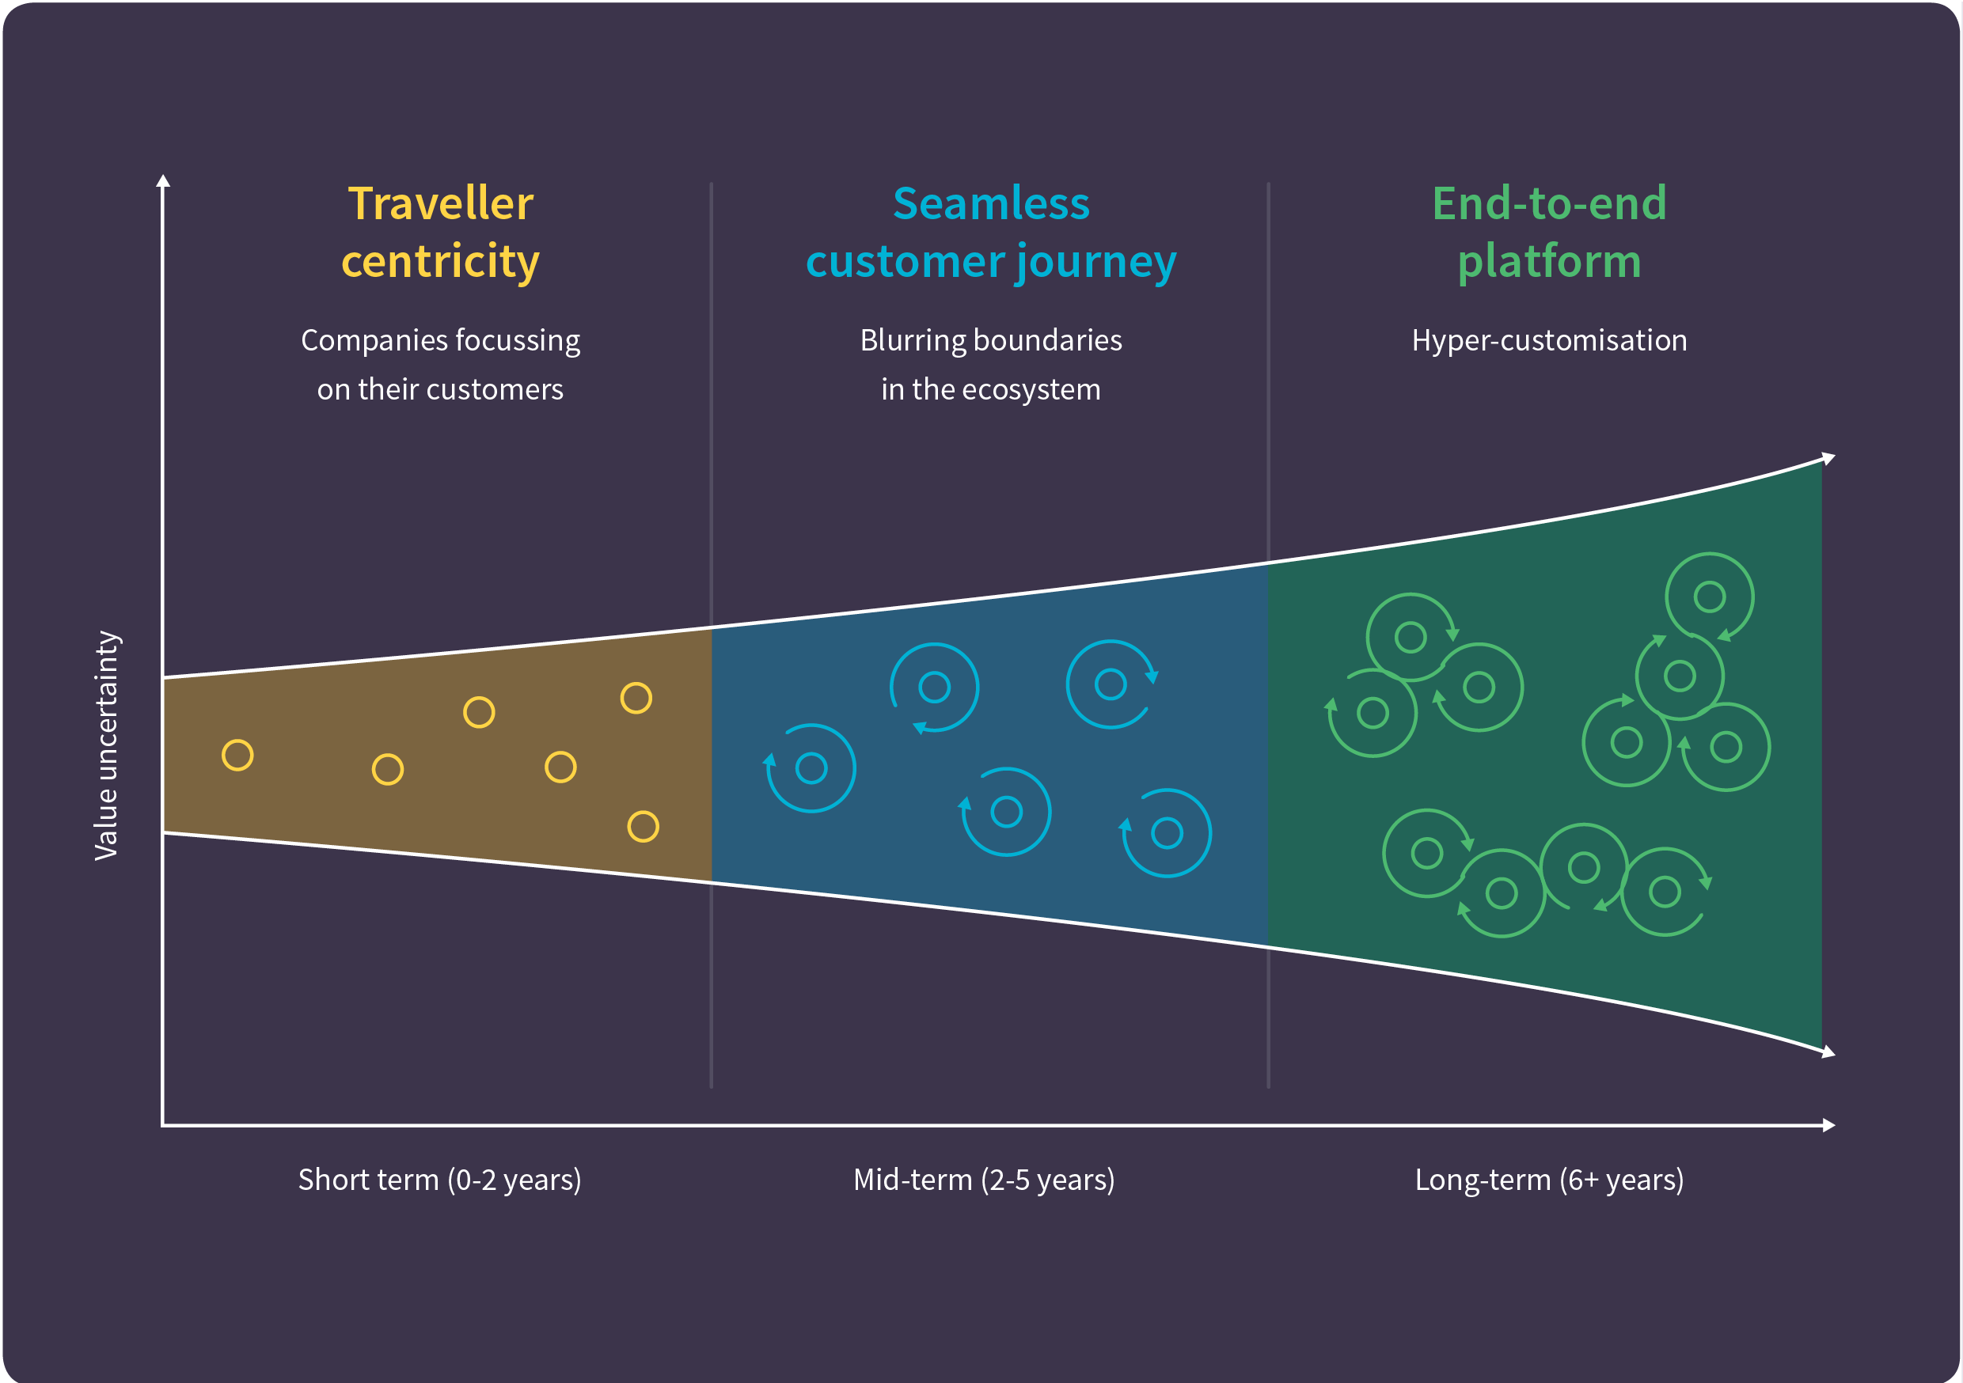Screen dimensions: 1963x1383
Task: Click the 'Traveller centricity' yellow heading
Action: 440,233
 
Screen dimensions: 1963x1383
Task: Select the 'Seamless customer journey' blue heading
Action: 991,233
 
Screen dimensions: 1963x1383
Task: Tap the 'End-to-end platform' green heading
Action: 1549,233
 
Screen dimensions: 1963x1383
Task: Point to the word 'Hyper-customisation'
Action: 1549,340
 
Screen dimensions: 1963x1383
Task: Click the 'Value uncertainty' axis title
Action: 106,745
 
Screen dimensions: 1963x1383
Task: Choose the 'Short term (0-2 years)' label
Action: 439,1180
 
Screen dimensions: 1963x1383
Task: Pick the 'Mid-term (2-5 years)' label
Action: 984,1180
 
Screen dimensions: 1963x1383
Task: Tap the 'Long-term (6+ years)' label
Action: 1549,1180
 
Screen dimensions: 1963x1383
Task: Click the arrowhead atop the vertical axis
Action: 163,180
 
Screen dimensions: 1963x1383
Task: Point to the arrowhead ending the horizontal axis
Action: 1828,1125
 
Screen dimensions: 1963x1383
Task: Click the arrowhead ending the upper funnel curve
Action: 1828,458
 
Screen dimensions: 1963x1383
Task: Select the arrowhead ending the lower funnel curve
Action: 1828,1052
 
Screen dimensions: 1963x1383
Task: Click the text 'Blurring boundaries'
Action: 991,340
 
